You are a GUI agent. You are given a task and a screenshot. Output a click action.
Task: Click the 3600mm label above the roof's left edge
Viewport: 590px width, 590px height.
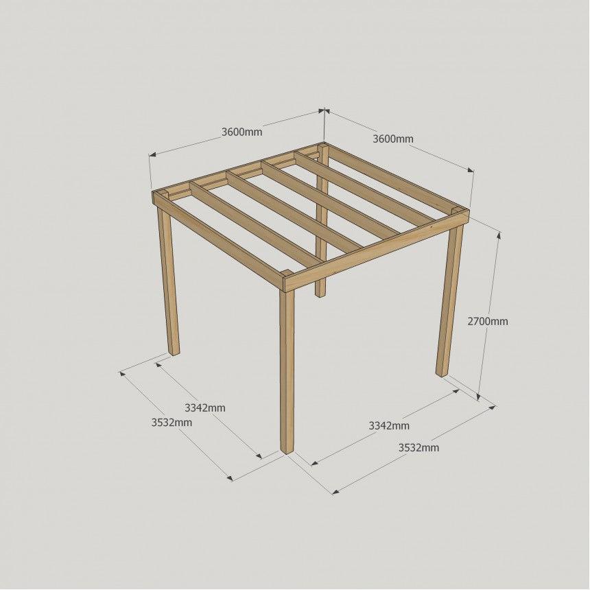click(241, 132)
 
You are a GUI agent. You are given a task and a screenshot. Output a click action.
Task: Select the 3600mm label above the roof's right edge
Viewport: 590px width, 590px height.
click(393, 139)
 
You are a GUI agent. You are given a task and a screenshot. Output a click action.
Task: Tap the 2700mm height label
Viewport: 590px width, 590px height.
click(488, 321)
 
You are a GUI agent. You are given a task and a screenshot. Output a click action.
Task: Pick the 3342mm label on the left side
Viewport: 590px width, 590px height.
click(205, 408)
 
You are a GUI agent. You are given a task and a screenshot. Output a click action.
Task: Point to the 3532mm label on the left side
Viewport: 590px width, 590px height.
click(172, 423)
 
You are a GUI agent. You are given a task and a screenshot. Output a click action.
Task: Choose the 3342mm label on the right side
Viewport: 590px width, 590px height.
click(389, 425)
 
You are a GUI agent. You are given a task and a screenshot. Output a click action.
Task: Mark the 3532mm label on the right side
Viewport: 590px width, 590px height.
click(418, 447)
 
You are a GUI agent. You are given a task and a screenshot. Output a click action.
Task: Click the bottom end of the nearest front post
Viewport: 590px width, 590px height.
click(287, 451)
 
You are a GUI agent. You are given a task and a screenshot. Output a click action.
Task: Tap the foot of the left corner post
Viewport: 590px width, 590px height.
click(174, 353)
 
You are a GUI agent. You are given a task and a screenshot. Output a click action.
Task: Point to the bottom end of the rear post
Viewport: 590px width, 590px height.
click(320, 294)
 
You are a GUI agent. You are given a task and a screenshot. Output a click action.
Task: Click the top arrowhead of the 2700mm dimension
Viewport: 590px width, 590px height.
click(499, 235)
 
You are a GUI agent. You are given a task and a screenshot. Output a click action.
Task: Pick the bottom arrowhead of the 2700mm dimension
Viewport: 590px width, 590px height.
click(479, 397)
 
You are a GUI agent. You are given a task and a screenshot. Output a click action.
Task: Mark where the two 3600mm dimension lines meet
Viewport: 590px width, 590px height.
click(324, 110)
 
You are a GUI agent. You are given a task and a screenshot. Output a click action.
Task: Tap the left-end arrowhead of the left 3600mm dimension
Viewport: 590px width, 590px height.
click(152, 154)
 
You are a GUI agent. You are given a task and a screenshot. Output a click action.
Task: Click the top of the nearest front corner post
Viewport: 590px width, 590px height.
click(287, 273)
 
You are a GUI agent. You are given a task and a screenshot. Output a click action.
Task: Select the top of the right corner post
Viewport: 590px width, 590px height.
click(456, 209)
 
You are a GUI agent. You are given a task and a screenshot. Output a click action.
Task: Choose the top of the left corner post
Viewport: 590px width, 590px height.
click(163, 193)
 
